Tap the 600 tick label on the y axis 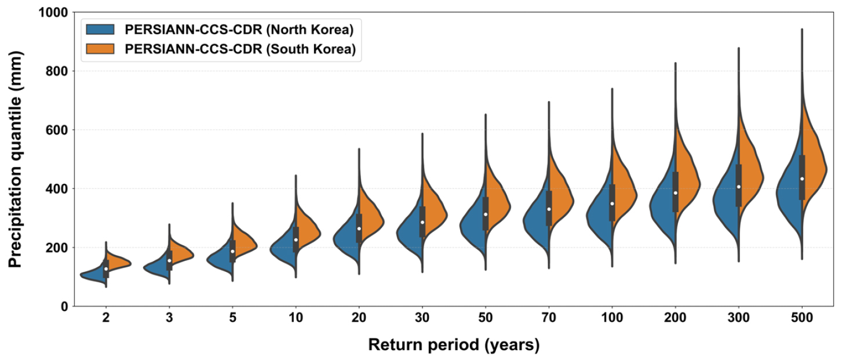point(57,130)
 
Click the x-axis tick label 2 point(106,318)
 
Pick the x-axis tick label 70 point(549,318)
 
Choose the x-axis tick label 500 point(802,318)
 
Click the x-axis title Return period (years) point(454,345)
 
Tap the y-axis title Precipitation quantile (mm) point(16,159)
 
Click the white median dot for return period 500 point(802,179)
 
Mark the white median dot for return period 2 point(106,268)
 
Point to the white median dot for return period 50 point(486,214)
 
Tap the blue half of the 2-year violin point(93,275)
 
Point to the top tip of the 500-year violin point(802,29)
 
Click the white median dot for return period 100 point(612,203)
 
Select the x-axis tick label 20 point(359,318)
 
